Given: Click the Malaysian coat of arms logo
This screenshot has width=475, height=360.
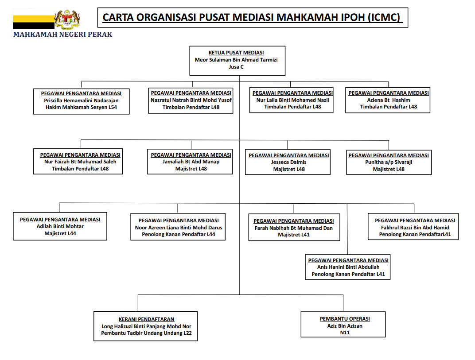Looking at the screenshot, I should (67, 19).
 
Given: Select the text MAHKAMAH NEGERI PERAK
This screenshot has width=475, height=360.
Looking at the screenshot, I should (62, 35).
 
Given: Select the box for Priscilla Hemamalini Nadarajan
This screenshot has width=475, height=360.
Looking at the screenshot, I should (81, 101).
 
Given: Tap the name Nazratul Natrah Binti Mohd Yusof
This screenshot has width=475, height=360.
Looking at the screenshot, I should (191, 100).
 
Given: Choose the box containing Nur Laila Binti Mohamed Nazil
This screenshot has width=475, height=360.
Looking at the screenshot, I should (292, 100).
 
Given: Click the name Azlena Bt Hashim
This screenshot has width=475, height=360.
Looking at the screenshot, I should (388, 100).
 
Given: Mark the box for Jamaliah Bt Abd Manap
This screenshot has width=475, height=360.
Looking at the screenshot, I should (191, 162).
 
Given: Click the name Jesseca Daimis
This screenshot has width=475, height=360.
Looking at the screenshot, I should (289, 162).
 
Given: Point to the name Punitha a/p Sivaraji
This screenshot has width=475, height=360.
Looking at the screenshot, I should (389, 162).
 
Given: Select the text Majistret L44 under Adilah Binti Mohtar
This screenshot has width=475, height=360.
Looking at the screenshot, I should (60, 233).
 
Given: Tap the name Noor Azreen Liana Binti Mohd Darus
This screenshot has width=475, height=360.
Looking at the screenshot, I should (179, 228).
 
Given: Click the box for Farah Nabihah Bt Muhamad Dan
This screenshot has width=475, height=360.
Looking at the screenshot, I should (294, 228).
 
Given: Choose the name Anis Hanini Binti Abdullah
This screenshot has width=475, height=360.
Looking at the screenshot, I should (348, 267).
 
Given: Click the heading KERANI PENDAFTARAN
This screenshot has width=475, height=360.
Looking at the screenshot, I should (146, 319).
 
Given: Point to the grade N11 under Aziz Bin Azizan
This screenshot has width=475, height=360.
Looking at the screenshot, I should (344, 333).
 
